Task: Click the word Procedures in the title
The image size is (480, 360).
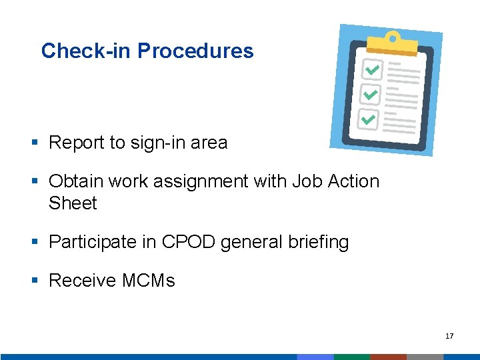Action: (x=195, y=51)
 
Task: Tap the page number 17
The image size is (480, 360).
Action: (x=449, y=336)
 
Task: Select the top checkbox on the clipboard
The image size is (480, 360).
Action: (x=371, y=70)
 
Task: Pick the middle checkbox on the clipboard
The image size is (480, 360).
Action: (x=369, y=95)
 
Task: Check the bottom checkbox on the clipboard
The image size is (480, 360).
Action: (x=367, y=119)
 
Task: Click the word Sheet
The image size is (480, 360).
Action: (x=73, y=203)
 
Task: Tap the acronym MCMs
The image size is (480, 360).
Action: (x=148, y=281)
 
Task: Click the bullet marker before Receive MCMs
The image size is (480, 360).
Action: (x=35, y=281)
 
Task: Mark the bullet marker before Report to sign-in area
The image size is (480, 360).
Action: (x=35, y=143)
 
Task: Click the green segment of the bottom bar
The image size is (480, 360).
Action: (x=351, y=357)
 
